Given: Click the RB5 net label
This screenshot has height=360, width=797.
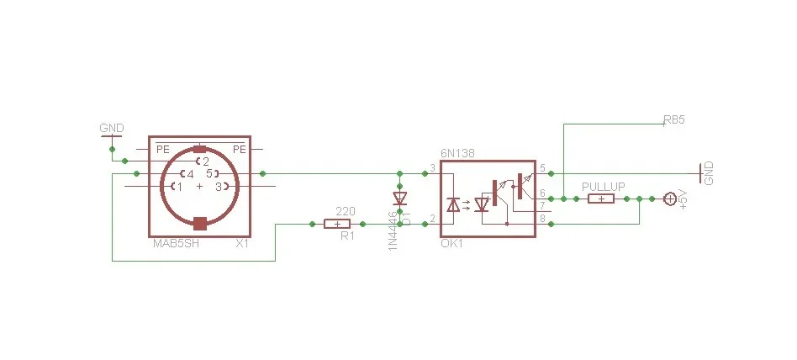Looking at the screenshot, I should pyautogui.click(x=673, y=120).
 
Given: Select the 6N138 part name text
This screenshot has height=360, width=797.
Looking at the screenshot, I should pyautogui.click(x=457, y=154).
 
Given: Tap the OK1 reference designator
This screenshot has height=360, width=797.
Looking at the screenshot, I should pyautogui.click(x=451, y=243).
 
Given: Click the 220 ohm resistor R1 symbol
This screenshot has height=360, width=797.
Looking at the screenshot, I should pyautogui.click(x=337, y=225).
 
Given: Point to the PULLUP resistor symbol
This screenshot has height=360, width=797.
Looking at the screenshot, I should pyautogui.click(x=600, y=199).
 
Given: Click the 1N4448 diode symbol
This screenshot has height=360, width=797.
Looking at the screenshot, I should pyautogui.click(x=400, y=199).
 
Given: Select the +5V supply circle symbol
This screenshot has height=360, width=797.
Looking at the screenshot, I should pyautogui.click(x=669, y=199).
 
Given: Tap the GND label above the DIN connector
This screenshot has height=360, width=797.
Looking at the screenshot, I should pyautogui.click(x=111, y=129).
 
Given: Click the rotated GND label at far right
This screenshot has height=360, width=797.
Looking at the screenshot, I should pyautogui.click(x=709, y=173).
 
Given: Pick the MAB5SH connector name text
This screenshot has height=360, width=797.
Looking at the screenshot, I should pyautogui.click(x=176, y=244).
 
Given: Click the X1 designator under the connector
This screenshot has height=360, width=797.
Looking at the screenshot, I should pyautogui.click(x=242, y=244).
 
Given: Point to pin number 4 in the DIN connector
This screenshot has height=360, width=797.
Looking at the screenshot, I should pyautogui.click(x=190, y=174).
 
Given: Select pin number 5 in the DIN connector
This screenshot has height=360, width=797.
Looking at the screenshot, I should pyautogui.click(x=208, y=174).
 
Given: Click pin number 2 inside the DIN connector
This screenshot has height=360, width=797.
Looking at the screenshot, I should pyautogui.click(x=204, y=161).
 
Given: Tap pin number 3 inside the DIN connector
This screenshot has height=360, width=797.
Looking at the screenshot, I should pyautogui.click(x=218, y=187).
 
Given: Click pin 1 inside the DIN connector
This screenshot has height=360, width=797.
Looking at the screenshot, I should pyautogui.click(x=179, y=187).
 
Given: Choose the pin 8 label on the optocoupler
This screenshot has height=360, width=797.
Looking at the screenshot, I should pyautogui.click(x=542, y=219).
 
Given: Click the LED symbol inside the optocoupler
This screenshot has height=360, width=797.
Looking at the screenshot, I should pyautogui.click(x=454, y=204).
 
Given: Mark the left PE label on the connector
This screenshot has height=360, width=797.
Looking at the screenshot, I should pyautogui.click(x=162, y=149).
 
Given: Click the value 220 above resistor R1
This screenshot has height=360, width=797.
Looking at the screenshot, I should pyautogui.click(x=344, y=210).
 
